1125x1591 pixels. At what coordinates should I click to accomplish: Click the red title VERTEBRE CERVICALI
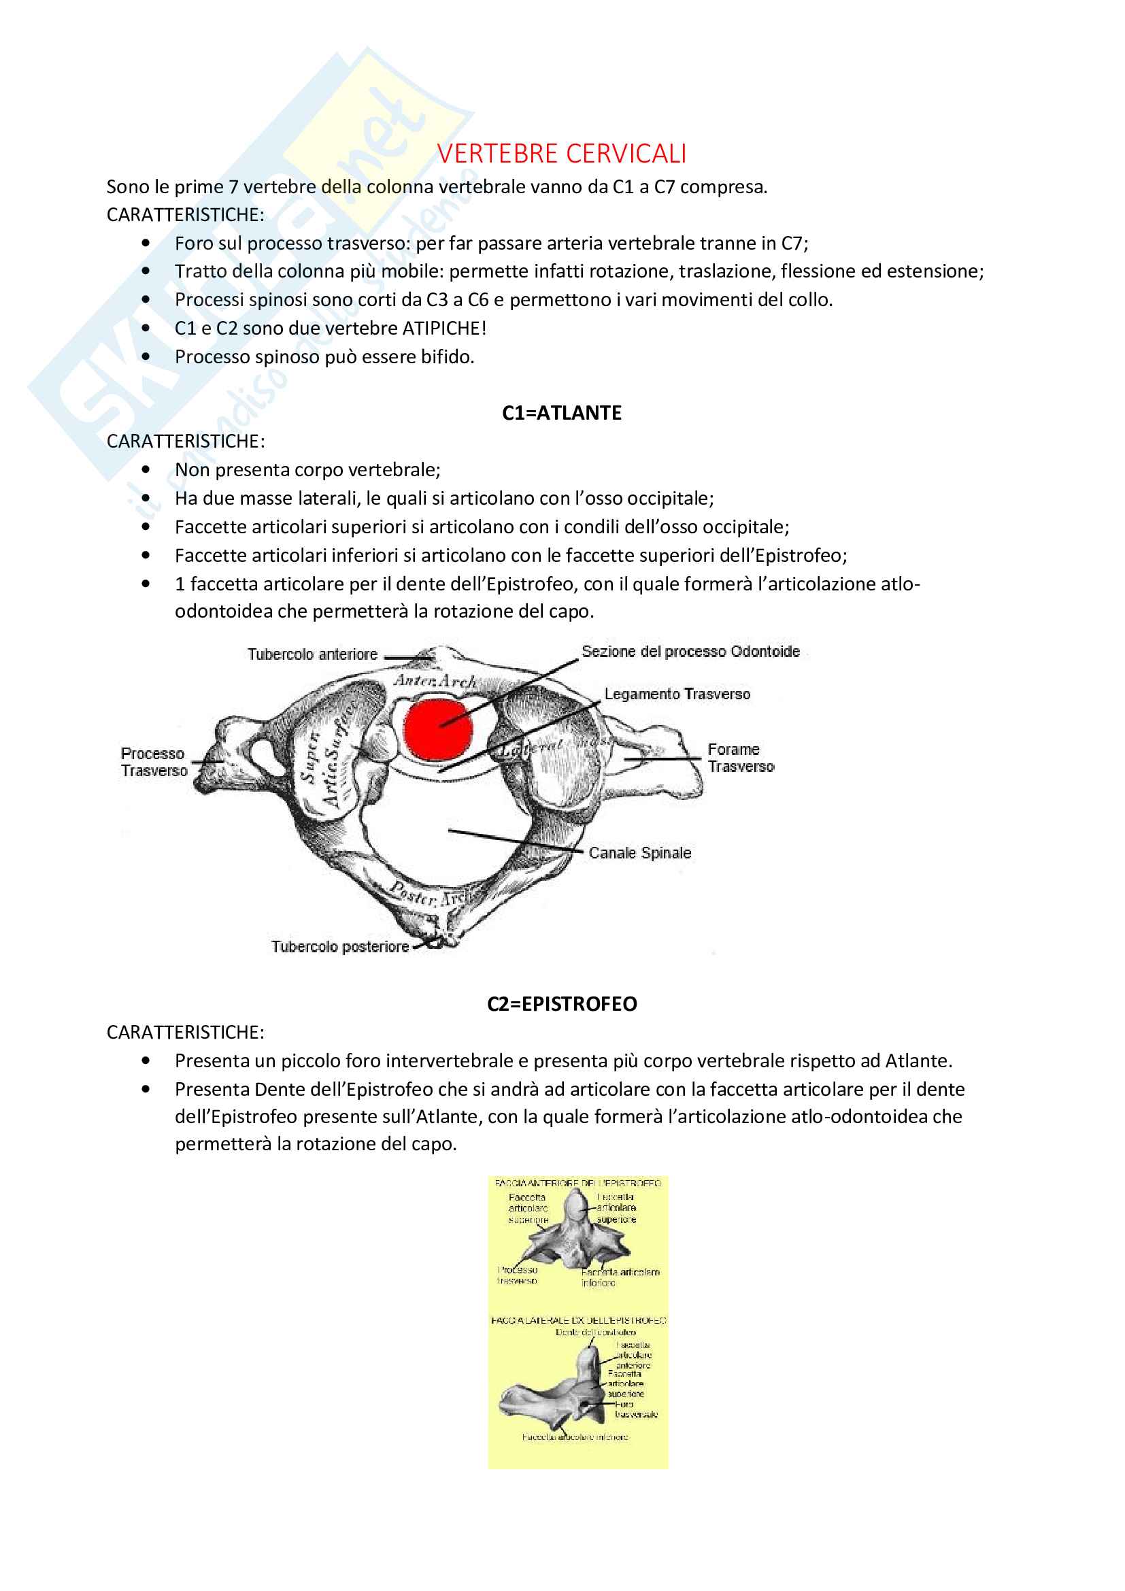coord(561,154)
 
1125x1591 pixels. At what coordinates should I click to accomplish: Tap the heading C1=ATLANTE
coord(562,413)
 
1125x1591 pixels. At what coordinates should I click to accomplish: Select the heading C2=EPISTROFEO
coord(562,1004)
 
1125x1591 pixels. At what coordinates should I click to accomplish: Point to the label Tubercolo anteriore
coord(312,654)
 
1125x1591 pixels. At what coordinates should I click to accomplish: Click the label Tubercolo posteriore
coord(339,947)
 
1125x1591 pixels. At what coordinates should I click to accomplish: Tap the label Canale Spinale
coord(640,853)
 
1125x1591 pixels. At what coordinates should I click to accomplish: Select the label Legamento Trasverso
coord(677,694)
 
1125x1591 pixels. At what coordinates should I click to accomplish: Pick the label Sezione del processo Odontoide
coord(690,652)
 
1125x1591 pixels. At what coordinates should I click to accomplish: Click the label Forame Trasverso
coord(740,758)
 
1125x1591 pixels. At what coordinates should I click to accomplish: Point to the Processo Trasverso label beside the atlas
coord(154,763)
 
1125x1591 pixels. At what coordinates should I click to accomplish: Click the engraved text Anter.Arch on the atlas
coord(435,681)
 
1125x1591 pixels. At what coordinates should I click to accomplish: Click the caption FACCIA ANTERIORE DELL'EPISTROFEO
coord(577,1184)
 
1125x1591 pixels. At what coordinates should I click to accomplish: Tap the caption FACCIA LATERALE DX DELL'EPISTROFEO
coord(577,1321)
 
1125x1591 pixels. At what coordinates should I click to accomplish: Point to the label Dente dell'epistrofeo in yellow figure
coord(595,1332)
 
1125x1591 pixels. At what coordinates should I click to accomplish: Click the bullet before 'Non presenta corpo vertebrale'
coord(146,470)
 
